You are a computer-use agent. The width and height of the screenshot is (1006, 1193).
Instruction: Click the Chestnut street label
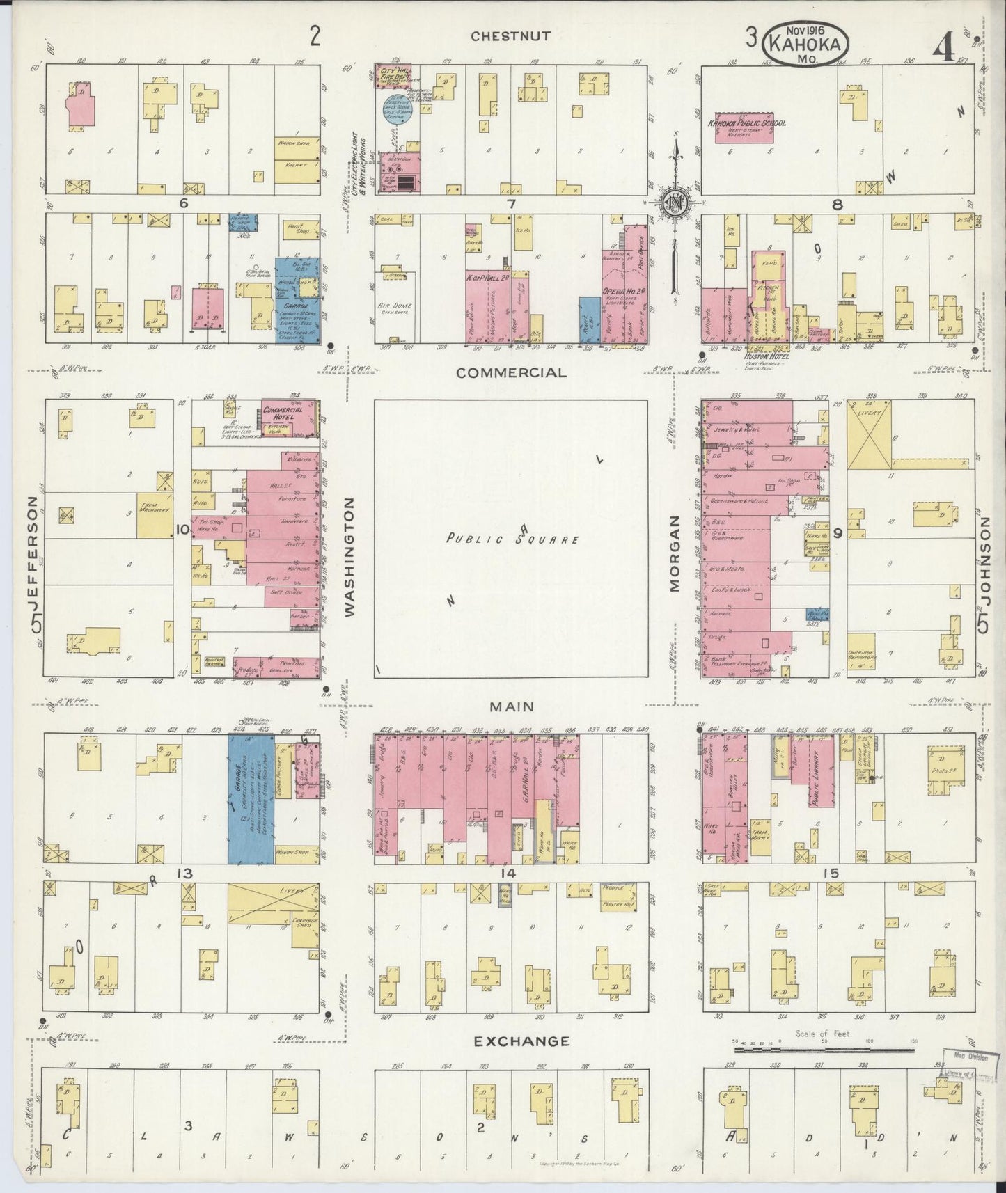510,36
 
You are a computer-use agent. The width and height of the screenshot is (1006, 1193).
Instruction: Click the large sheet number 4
944,49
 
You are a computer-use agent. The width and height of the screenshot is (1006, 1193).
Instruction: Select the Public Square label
513,539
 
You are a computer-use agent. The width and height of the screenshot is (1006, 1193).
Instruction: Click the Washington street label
349,557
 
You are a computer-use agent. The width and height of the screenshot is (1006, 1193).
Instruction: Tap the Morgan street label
674,554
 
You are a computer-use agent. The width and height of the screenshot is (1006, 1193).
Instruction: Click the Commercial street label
510,372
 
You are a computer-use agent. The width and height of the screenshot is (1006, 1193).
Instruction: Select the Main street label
512,706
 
